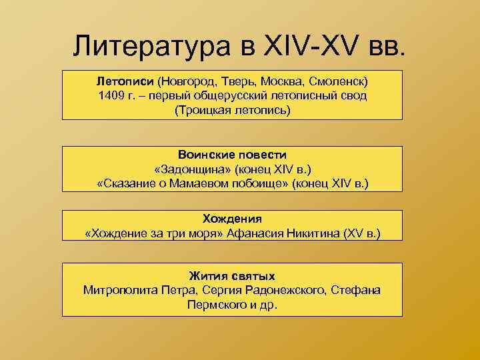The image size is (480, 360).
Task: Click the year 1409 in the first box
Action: click(111, 95)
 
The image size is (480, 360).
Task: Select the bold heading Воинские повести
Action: click(232, 154)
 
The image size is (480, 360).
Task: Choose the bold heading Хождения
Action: click(232, 218)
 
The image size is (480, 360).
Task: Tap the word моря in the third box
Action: click(207, 233)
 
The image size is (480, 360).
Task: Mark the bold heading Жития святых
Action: click(232, 275)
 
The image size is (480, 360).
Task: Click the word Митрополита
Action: click(121, 290)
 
